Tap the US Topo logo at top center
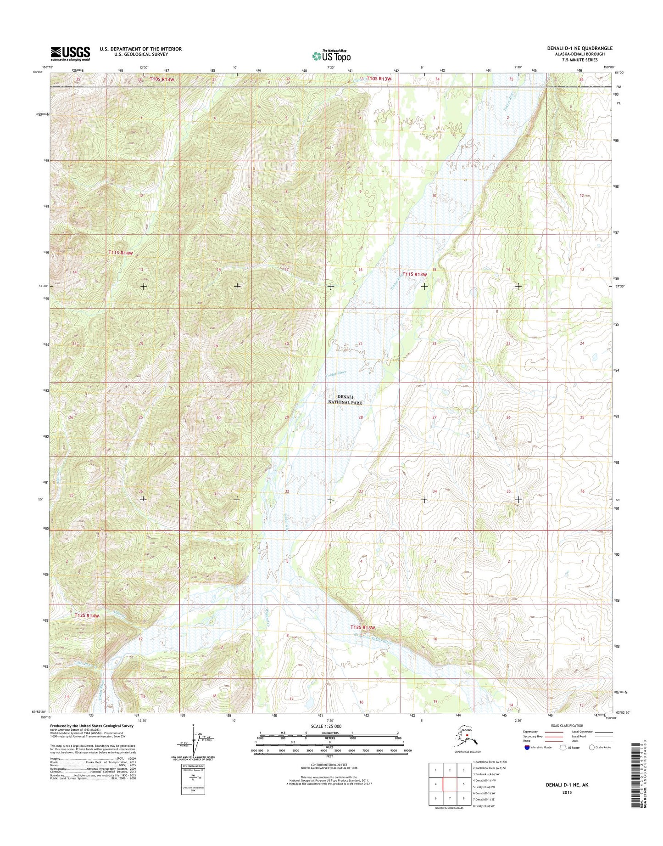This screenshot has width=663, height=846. coord(331,56)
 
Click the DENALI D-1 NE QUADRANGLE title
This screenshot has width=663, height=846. coord(579,48)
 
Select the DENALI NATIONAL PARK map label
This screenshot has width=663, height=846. coord(345,400)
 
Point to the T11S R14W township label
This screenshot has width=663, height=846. coord(121,253)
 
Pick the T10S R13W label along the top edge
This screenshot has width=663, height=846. coord(379,79)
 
